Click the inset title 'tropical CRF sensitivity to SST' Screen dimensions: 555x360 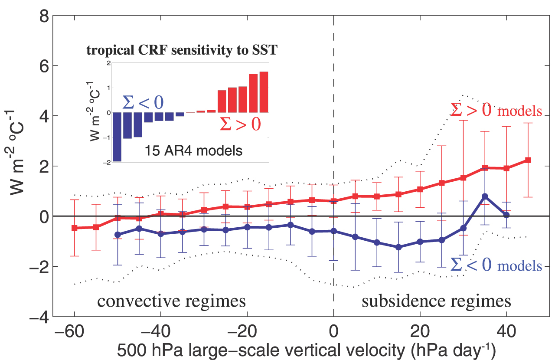(x=182, y=50)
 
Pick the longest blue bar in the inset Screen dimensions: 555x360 (x=117, y=137)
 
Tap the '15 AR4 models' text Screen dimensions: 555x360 (x=193, y=151)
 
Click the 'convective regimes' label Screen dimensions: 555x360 (x=171, y=301)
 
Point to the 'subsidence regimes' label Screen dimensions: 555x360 (x=436, y=301)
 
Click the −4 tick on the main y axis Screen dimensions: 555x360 (x=39, y=317)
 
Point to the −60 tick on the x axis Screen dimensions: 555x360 (x=69, y=331)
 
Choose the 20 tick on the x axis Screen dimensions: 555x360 (x=420, y=331)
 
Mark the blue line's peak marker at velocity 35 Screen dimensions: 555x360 (x=485, y=196)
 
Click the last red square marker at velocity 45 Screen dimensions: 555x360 (x=528, y=160)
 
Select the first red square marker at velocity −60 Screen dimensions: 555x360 (x=74, y=228)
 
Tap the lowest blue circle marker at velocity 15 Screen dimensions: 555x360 (x=398, y=247)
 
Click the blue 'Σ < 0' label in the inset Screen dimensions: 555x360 (x=143, y=102)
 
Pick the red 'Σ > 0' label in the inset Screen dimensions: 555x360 (x=240, y=124)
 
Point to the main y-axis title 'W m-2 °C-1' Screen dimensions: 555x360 (x=15, y=152)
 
